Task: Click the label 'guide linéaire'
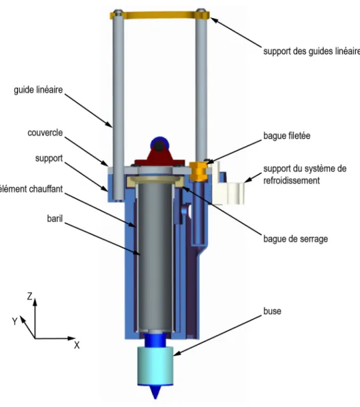38,90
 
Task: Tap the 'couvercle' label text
45,133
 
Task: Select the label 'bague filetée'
287,136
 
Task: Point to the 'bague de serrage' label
296,239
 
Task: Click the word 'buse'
272,311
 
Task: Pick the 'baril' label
55,218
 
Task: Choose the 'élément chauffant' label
31,189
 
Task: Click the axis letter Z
30,296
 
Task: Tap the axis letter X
77,345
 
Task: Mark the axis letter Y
15,321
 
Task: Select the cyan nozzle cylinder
155,365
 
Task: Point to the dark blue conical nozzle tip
155,392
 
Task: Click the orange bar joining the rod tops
160,15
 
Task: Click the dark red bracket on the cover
158,157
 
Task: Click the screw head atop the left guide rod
118,11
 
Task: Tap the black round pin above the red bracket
158,147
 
